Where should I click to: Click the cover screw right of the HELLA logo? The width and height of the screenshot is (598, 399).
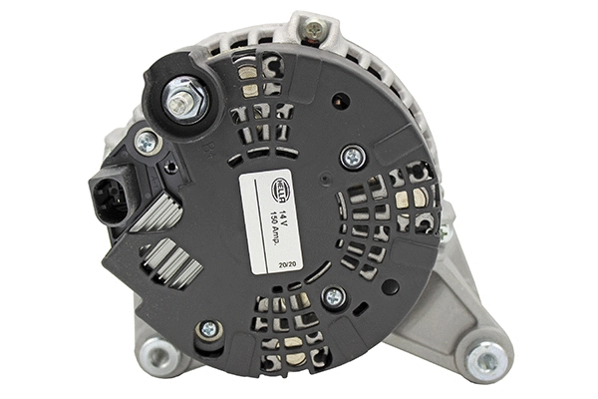[x=352, y=157]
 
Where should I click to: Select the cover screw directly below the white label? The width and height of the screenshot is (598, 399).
[x=333, y=296]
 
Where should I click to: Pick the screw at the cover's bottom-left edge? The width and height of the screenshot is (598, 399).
[x=208, y=329]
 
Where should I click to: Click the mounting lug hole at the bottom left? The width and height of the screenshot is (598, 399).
[x=155, y=352]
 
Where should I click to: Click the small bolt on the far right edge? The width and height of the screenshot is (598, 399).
[x=446, y=231]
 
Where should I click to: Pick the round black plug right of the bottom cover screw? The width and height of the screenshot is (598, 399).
[x=391, y=286]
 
